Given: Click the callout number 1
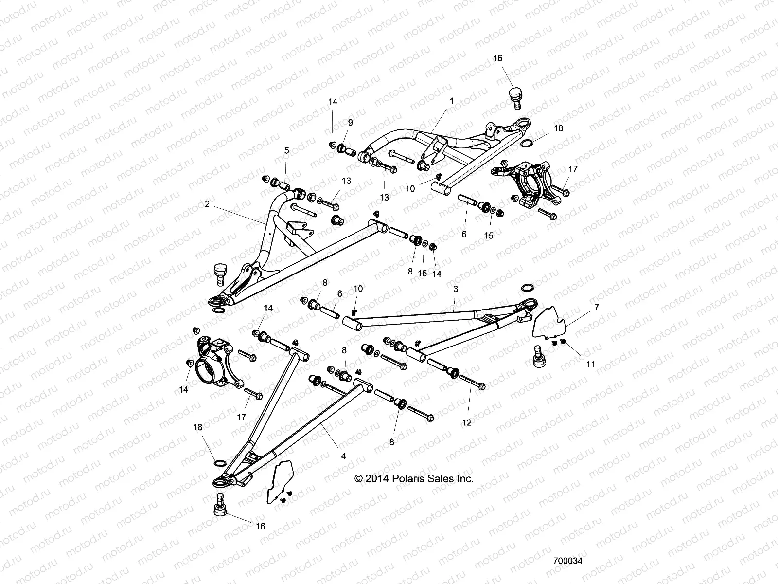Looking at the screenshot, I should (x=451, y=101).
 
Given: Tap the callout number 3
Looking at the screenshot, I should (x=455, y=289).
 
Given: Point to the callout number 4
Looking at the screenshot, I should (x=343, y=456).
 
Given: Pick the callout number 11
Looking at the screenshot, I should (x=590, y=364).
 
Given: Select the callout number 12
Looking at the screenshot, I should (x=466, y=423).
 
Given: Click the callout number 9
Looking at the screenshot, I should (x=350, y=122).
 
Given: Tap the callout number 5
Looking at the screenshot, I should (x=286, y=151).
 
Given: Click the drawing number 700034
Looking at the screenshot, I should (x=567, y=561).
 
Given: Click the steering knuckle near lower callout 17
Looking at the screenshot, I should (x=217, y=365).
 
